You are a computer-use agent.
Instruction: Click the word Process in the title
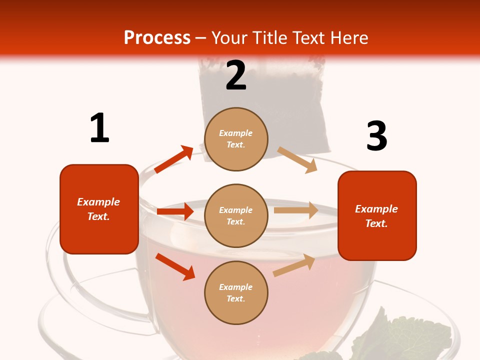[157, 37]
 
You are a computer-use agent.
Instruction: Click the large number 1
[99, 128]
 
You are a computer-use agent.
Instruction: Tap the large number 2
[236, 75]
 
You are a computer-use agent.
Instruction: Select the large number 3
[376, 136]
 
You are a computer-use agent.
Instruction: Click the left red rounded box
[99, 209]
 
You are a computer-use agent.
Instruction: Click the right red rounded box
[377, 215]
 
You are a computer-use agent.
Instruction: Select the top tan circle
[236, 139]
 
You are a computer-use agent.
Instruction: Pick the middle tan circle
[236, 215]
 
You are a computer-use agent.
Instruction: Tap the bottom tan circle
[236, 292]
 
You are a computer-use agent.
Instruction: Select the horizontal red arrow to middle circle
[175, 211]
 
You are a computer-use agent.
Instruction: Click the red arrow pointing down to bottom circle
[175, 266]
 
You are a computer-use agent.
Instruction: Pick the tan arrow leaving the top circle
[297, 160]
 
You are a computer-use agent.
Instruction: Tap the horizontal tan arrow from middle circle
[296, 210]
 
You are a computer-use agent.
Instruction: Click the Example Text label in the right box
[376, 216]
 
